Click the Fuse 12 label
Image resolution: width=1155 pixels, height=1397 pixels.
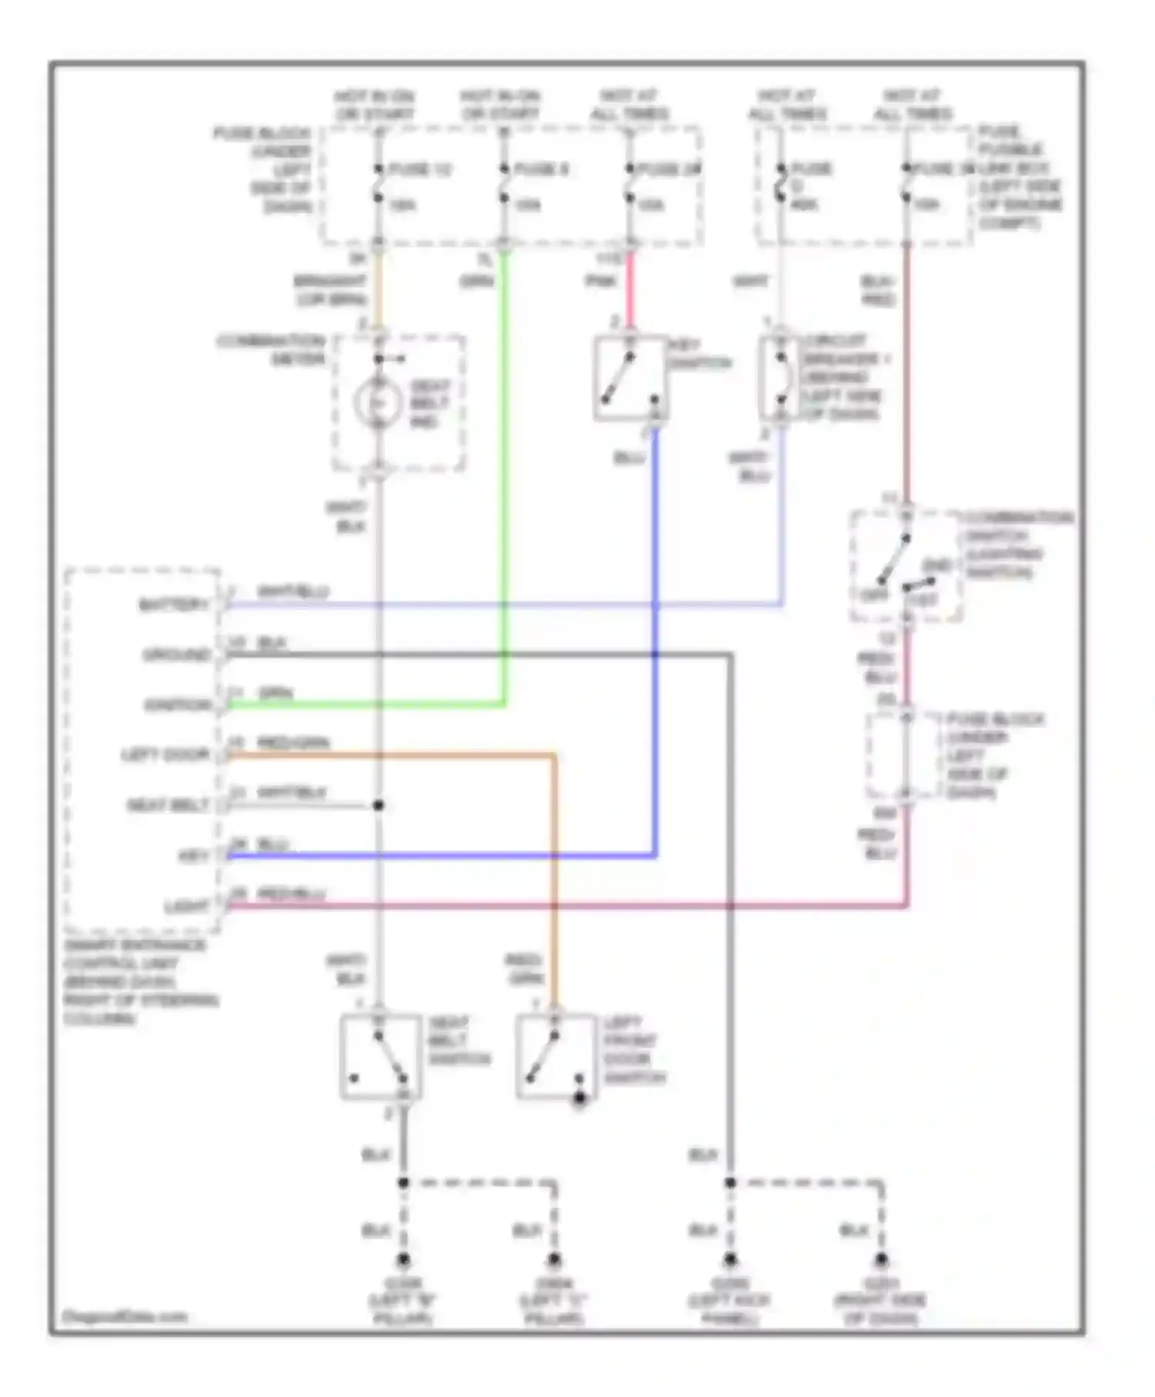click(x=420, y=169)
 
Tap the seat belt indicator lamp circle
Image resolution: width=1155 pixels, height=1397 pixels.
click(x=377, y=402)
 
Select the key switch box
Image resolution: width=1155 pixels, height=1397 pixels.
click(x=630, y=378)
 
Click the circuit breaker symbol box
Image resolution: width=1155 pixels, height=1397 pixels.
click(x=781, y=378)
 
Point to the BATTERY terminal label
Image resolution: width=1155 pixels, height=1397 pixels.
click(x=174, y=605)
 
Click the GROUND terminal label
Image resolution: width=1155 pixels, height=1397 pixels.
click(x=176, y=655)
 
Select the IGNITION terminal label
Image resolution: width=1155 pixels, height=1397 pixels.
click(x=177, y=705)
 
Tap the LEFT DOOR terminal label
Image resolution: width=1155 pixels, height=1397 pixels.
click(x=166, y=755)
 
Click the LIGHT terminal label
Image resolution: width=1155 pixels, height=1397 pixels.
click(x=187, y=906)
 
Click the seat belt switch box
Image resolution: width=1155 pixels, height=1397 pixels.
click(x=380, y=1056)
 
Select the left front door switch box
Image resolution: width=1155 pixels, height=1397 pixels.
click(x=555, y=1056)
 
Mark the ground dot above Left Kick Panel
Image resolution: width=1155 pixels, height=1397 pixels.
click(x=729, y=1261)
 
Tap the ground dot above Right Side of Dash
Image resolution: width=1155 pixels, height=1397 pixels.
click(x=881, y=1261)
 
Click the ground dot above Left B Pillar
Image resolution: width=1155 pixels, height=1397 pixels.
click(x=403, y=1261)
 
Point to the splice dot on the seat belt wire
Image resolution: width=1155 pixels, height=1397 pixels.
click(x=378, y=806)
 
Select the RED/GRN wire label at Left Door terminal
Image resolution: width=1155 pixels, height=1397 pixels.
click(x=292, y=743)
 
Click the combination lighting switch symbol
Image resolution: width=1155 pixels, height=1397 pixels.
click(x=906, y=566)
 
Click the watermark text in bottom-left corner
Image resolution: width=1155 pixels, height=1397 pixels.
click(x=125, y=1316)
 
